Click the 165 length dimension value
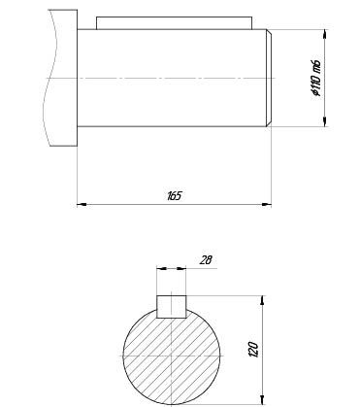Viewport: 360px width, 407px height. (x=175, y=196)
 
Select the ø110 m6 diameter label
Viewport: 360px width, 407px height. (x=316, y=79)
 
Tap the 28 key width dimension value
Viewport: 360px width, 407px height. (x=206, y=260)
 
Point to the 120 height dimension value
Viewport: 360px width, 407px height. (x=253, y=350)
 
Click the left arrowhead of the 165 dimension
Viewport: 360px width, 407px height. (x=82, y=204)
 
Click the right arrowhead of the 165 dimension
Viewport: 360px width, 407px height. (x=267, y=204)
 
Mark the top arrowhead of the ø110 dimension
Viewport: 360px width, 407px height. (x=325, y=34)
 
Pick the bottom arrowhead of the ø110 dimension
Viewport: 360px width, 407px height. (x=325, y=121)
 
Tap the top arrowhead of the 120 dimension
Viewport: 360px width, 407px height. (x=262, y=300)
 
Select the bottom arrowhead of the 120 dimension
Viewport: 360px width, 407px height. (x=262, y=400)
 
